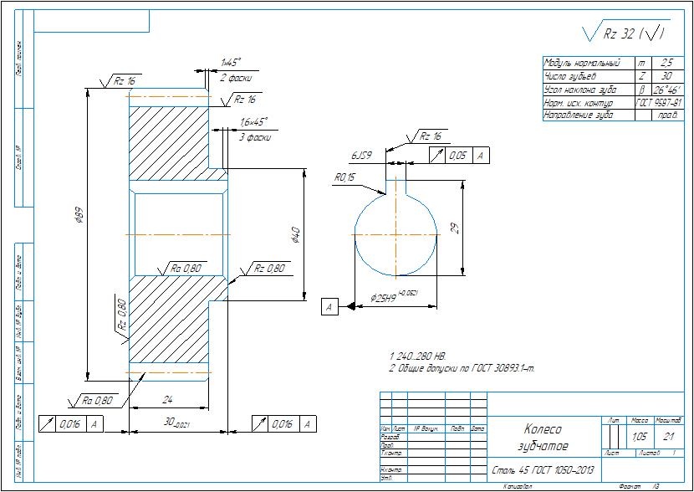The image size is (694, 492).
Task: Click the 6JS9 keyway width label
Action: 361,156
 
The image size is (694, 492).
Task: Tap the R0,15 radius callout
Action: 344,177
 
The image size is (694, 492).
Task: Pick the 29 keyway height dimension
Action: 454,228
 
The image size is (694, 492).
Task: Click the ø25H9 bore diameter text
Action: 386,298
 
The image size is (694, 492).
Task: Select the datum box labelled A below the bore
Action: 330,308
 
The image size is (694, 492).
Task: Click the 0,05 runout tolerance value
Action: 457,155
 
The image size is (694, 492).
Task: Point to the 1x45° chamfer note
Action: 231,62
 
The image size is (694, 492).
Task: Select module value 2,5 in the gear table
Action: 666,63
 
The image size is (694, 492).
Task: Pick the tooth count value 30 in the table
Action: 666,75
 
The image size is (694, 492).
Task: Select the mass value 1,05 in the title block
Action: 640,436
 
